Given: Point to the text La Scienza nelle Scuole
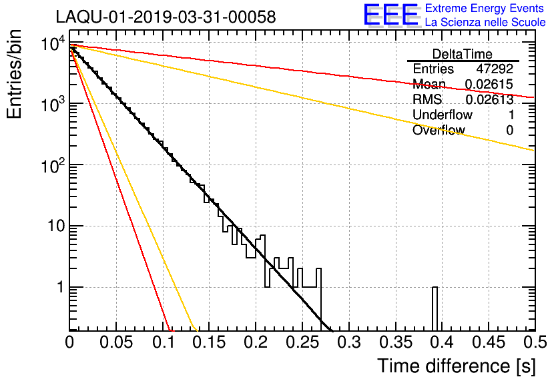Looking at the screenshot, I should pyautogui.click(x=485, y=23).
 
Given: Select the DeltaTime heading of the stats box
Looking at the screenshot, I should pyautogui.click(x=463, y=54).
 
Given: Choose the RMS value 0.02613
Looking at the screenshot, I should pyautogui.click(x=489, y=100).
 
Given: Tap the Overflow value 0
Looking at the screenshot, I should pyautogui.click(x=509, y=131).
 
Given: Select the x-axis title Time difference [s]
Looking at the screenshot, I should pyautogui.click(x=457, y=366).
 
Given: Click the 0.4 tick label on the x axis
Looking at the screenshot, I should pyautogui.click(x=441, y=342).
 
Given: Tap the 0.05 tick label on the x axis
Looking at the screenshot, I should pyautogui.click(x=116, y=342).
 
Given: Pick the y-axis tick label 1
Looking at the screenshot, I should pyautogui.click(x=59, y=288).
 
